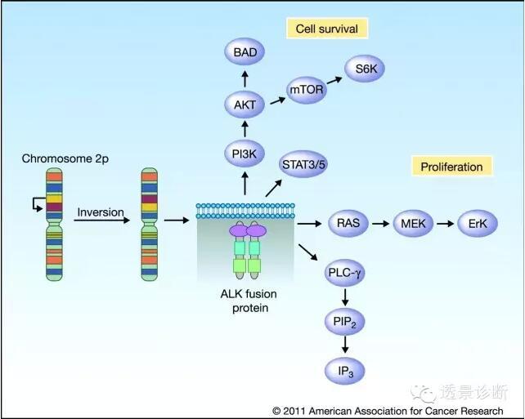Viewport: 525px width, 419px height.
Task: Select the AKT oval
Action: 245,104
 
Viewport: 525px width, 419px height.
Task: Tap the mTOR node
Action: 307,90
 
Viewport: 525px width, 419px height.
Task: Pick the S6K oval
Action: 365,69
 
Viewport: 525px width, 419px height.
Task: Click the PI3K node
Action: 245,154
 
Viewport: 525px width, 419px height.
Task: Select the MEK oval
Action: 413,222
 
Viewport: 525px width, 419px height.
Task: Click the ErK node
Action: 477,222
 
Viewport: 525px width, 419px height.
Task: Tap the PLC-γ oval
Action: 343,272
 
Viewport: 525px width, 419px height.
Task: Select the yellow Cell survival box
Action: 327,29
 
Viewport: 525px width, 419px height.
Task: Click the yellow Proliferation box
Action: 451,167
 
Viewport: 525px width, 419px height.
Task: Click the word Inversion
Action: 100,213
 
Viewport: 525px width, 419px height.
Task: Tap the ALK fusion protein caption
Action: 245,301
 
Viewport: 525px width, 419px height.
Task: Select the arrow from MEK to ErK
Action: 445,222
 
